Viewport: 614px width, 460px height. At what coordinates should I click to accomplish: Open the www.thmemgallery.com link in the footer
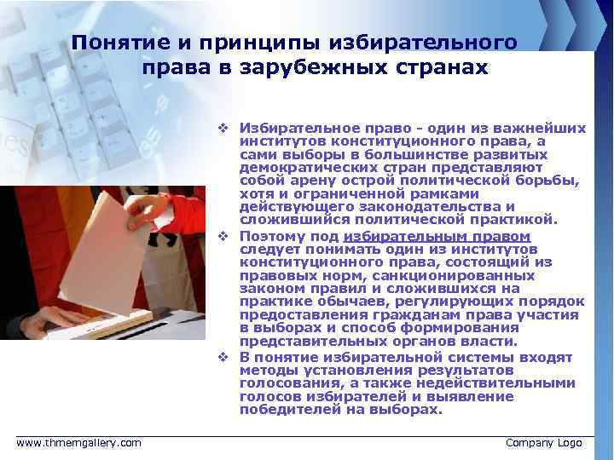pyautogui.click(x=79, y=443)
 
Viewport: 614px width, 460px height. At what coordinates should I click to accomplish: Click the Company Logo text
pyautogui.click(x=544, y=443)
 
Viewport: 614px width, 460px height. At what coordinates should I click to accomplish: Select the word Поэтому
pyautogui.click(x=269, y=237)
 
